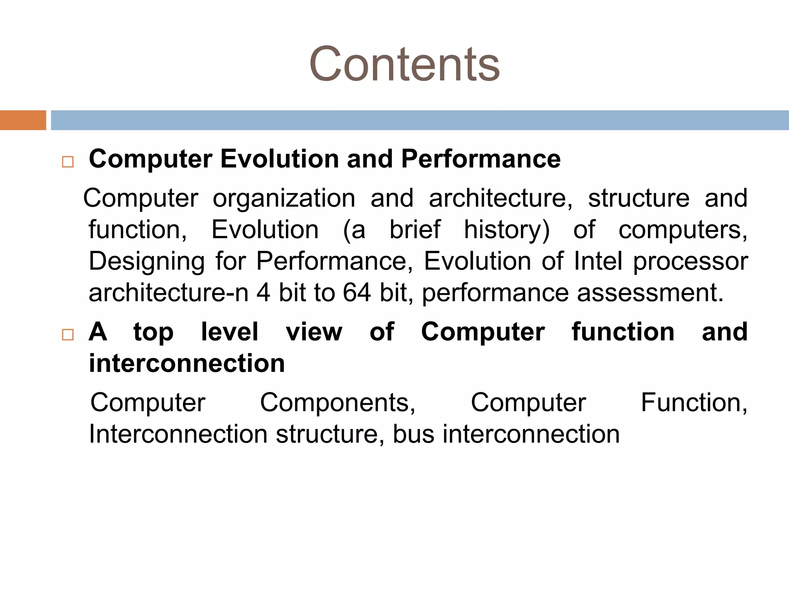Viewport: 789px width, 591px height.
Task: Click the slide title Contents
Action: pyautogui.click(x=404, y=64)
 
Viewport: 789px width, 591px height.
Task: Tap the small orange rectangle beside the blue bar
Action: pyautogui.click(x=23, y=120)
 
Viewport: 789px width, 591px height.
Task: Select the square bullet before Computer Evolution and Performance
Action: pyautogui.click(x=68, y=162)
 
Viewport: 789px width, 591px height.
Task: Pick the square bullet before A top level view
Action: pyautogui.click(x=68, y=334)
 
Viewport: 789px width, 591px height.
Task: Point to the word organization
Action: pyautogui.click(x=284, y=199)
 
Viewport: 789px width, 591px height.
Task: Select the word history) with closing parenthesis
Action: pyautogui.click(x=507, y=230)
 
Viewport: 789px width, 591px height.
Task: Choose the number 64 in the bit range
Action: pyautogui.click(x=357, y=293)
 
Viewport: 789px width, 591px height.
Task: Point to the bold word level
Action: pyautogui.click(x=230, y=332)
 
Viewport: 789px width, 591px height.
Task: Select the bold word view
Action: pyautogui.click(x=314, y=332)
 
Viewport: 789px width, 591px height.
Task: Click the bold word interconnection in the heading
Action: pyautogui.click(x=187, y=363)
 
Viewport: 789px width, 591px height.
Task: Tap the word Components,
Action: pyautogui.click(x=337, y=403)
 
